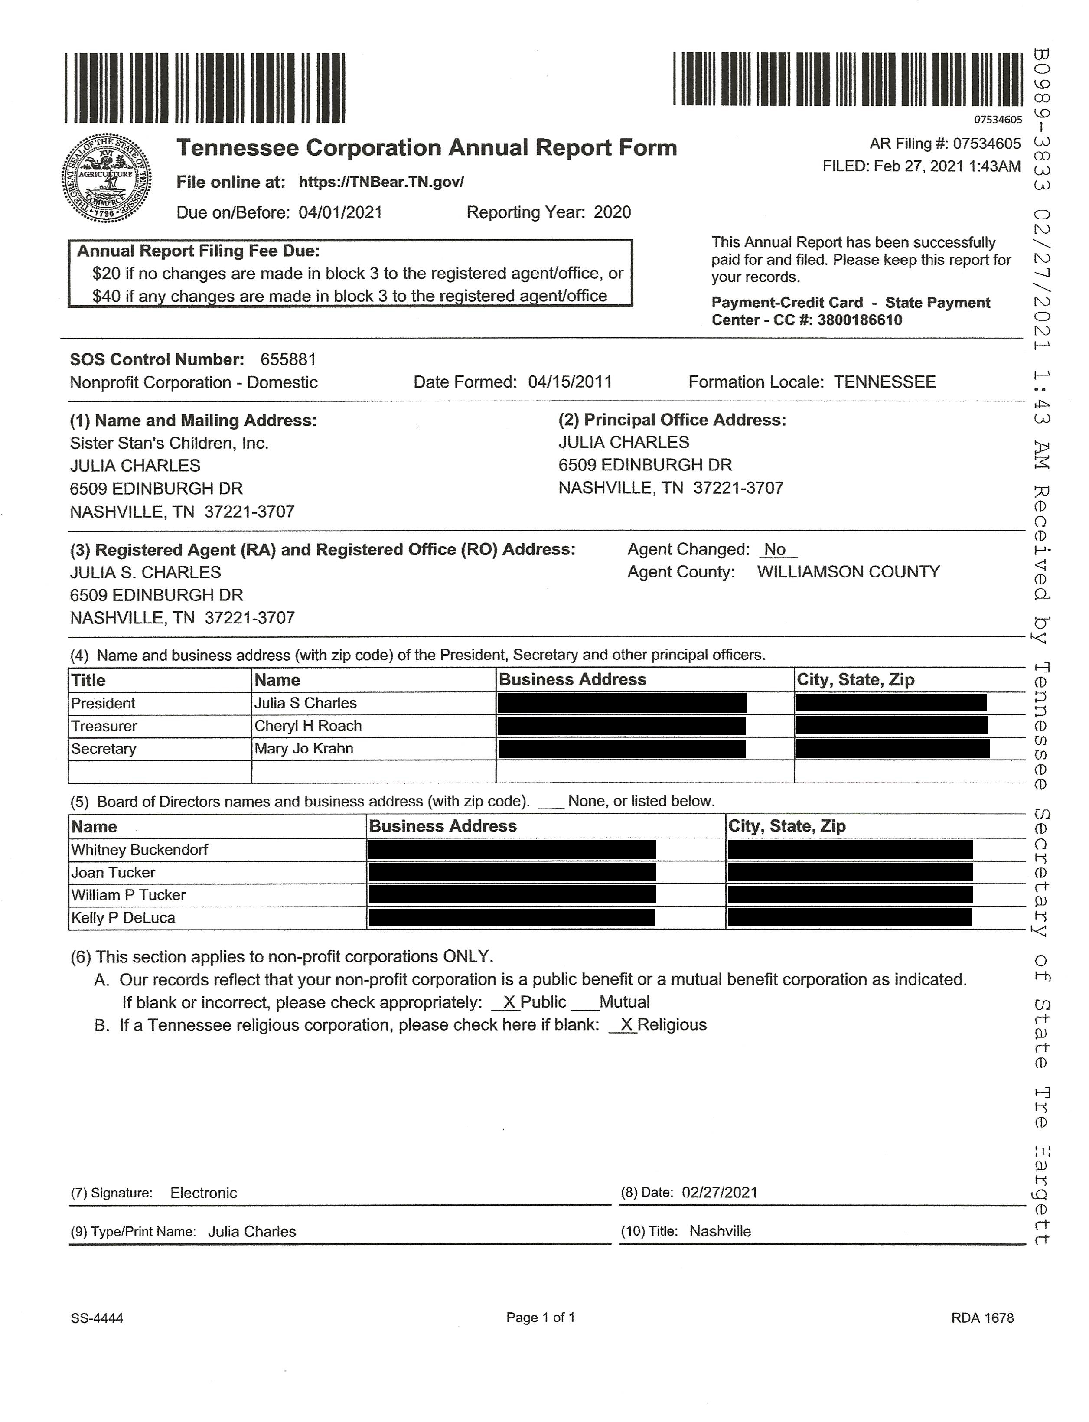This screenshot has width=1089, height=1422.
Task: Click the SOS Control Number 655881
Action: click(x=288, y=360)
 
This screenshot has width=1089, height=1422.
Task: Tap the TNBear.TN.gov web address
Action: click(x=381, y=182)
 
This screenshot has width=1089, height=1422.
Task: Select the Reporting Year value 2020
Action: click(x=612, y=212)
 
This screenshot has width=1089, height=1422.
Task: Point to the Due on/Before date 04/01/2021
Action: click(x=340, y=212)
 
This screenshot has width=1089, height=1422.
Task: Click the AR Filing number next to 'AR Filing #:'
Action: click(x=987, y=144)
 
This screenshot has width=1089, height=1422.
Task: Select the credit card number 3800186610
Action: click(x=860, y=320)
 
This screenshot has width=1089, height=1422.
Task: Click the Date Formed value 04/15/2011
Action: click(x=570, y=382)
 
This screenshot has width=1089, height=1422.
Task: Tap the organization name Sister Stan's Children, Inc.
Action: click(x=169, y=444)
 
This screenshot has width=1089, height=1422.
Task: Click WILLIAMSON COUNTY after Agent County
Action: click(x=848, y=572)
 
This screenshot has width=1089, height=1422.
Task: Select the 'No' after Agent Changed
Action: click(x=775, y=550)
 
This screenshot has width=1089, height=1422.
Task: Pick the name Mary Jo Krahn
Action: click(x=303, y=749)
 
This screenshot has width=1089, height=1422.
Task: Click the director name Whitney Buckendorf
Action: click(x=139, y=850)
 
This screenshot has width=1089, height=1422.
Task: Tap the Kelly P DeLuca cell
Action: click(x=123, y=918)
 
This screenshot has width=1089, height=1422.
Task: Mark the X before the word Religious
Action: click(x=626, y=1025)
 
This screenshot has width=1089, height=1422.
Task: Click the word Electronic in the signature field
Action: click(x=204, y=1193)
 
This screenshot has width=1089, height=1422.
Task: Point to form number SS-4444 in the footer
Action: click(x=97, y=1318)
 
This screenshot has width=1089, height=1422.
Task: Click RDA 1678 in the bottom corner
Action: click(x=982, y=1318)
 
